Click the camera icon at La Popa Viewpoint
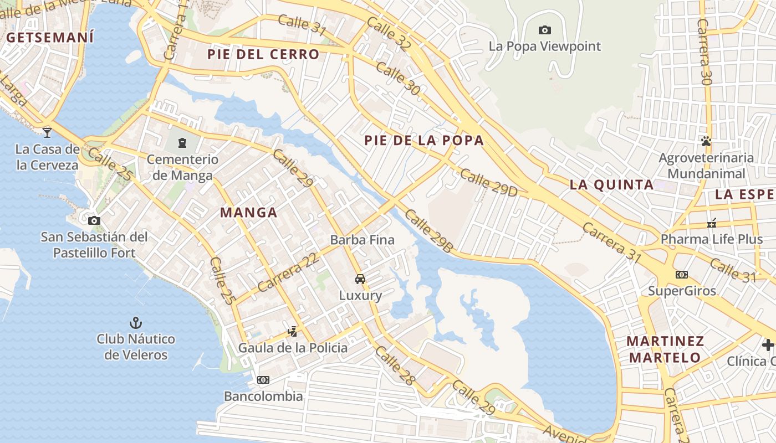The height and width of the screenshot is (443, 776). [x=545, y=30]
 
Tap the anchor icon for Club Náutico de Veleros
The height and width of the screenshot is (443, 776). [x=136, y=322]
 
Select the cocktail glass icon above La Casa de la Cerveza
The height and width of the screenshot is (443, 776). [x=47, y=132]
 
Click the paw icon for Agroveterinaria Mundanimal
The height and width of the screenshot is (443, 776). [x=706, y=141]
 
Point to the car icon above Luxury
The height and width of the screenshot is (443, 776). [x=360, y=279]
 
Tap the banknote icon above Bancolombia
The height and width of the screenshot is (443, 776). [x=263, y=380]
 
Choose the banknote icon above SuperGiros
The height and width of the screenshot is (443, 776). [x=682, y=274]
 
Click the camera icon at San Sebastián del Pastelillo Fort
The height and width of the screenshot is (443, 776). [x=94, y=220]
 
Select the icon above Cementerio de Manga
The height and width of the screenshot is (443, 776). [x=182, y=143]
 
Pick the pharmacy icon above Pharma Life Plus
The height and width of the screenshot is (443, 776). [x=712, y=223]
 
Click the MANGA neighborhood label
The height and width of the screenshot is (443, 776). [x=249, y=213]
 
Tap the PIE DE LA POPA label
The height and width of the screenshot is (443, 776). [x=424, y=141]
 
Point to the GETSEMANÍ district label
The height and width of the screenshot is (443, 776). [x=50, y=38]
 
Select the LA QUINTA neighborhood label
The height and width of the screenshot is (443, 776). [x=612, y=185]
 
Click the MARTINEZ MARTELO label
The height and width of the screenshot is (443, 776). [x=666, y=349]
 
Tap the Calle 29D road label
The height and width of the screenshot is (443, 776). [x=488, y=183]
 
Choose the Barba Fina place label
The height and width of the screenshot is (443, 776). [x=363, y=240]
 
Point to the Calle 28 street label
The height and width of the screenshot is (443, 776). [x=394, y=365]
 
